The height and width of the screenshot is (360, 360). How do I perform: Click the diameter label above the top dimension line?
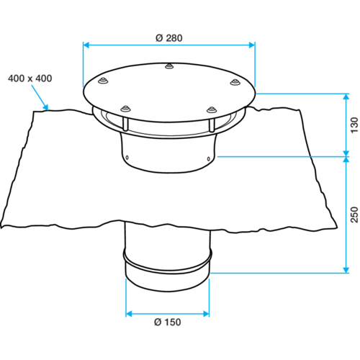pos(168,37)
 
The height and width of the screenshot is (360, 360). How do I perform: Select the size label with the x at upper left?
pos(30,78)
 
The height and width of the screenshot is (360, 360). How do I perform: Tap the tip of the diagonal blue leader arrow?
pos(48,109)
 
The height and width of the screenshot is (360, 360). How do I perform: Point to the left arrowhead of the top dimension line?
pos(86,45)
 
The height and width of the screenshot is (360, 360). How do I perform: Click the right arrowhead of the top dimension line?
pos(251,45)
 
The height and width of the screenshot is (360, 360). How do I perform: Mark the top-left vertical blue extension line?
pos(84,63)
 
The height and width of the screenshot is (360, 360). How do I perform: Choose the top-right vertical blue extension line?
pos(255,63)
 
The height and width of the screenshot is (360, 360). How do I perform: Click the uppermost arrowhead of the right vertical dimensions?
pos(346,97)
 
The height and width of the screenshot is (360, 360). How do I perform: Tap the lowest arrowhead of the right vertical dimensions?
pos(346,269)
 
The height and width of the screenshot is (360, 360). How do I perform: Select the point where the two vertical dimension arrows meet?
pos(346,156)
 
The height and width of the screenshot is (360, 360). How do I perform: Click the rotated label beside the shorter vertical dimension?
pos(354,125)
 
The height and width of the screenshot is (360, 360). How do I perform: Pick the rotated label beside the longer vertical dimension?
pos(354,214)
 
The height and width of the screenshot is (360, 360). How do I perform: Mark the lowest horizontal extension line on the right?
pos(277,273)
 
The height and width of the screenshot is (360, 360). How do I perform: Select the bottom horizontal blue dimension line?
pos(168,313)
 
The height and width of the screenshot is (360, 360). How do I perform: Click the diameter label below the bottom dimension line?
pos(167,322)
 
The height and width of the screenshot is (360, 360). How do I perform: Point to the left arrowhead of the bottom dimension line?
pos(129,313)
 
